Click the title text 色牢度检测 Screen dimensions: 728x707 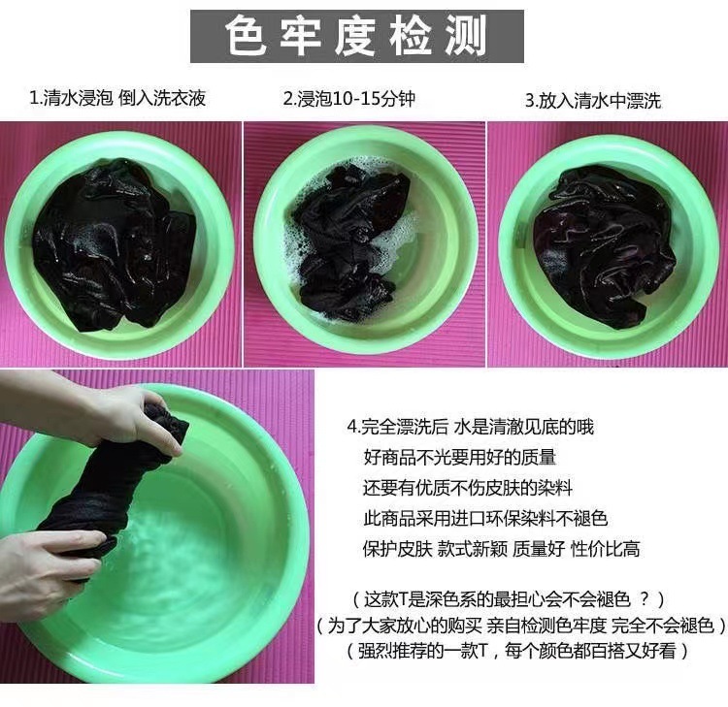pyautogui.click(x=356, y=36)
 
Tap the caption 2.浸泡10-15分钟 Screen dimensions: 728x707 pyautogui.click(x=349, y=98)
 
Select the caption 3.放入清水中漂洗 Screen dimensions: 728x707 pyautogui.click(x=592, y=100)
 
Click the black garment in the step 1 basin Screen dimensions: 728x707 pyautogui.click(x=114, y=245)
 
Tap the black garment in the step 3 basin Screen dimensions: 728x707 pyautogui.click(x=604, y=246)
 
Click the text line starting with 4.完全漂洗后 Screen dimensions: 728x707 pyautogui.click(x=471, y=427)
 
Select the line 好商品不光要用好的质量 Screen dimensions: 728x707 pyautogui.click(x=460, y=458)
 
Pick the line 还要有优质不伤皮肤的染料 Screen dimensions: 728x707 pyautogui.click(x=468, y=488)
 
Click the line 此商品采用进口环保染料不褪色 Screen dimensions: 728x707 pyautogui.click(x=485, y=519)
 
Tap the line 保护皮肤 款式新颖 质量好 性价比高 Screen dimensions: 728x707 pyautogui.click(x=502, y=549)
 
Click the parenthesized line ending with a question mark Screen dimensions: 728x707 pyautogui.click(x=509, y=600)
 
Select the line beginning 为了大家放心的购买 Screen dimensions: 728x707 pyautogui.click(x=521, y=626)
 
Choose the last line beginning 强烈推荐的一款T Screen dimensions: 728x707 pyautogui.click(x=516, y=651)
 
